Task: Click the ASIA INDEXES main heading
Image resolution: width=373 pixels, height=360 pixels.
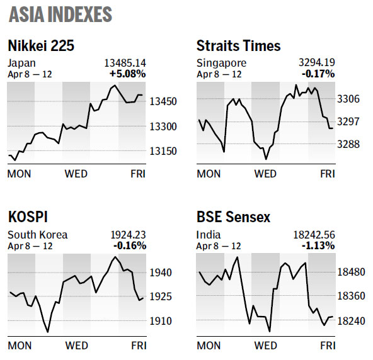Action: pyautogui.click(x=61, y=15)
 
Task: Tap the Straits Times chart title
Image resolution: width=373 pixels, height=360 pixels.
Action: pyautogui.click(x=238, y=45)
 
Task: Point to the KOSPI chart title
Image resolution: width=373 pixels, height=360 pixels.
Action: pyautogui.click(x=29, y=218)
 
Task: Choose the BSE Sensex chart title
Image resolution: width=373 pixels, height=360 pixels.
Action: pyautogui.click(x=233, y=218)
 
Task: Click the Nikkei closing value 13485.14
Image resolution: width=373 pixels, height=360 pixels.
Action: pyautogui.click(x=125, y=63)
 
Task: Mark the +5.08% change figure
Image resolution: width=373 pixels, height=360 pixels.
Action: pyautogui.click(x=129, y=74)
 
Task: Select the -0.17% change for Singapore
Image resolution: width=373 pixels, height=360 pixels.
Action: pyautogui.click(x=319, y=74)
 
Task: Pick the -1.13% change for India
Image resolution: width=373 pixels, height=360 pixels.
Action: pyautogui.click(x=319, y=246)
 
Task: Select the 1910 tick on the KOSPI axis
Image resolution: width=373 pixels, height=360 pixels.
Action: pyautogui.click(x=161, y=321)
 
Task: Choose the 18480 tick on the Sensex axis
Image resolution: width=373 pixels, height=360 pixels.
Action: pyautogui.click(x=353, y=272)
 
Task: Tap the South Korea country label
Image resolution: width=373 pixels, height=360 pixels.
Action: pyautogui.click(x=37, y=235)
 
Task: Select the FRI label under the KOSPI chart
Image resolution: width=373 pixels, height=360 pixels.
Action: pyautogui.click(x=138, y=346)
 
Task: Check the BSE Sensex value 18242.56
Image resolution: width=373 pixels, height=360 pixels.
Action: pyautogui.click(x=314, y=235)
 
